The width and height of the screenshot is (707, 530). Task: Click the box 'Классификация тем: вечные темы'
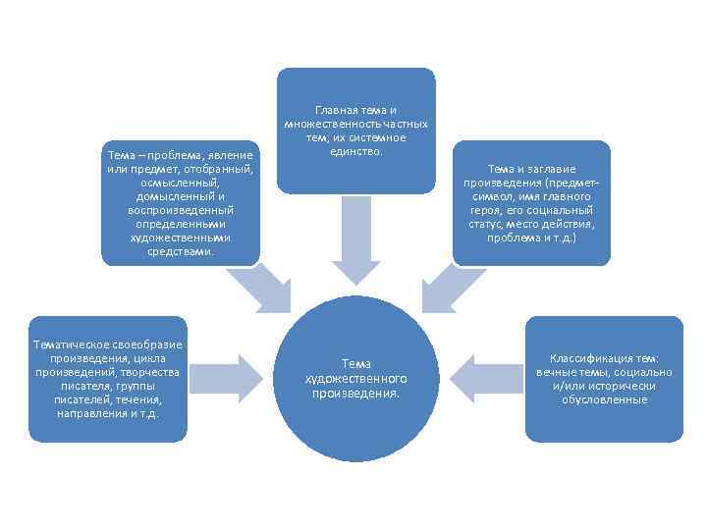click(604, 378)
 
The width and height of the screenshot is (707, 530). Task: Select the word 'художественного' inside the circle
click(355, 379)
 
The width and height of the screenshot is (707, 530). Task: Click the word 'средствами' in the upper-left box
click(181, 251)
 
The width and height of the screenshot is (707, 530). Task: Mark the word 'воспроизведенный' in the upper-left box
click(181, 210)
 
